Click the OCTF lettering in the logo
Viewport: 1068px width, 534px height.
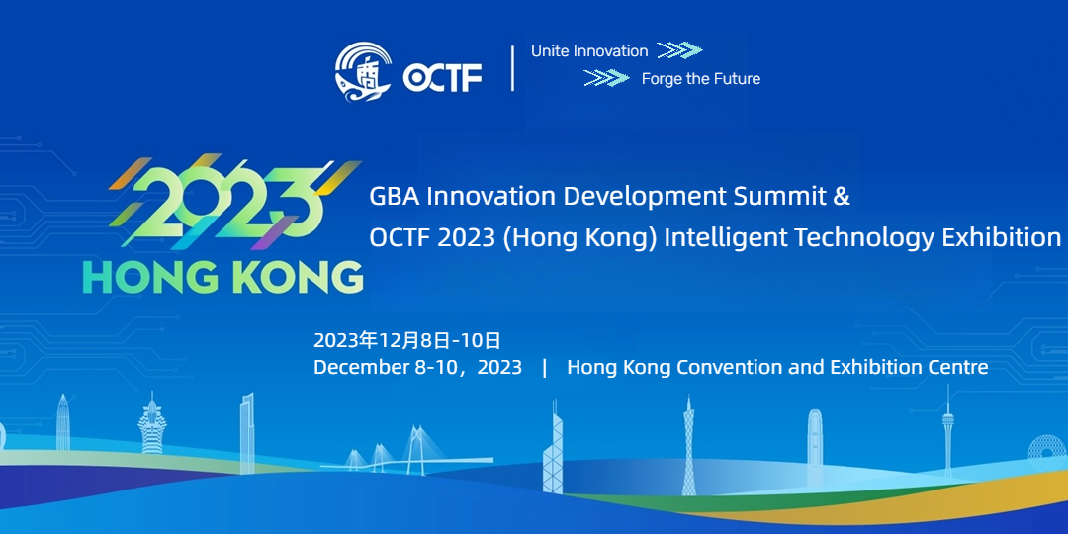(x=442, y=77)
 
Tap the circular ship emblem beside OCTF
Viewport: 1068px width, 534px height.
(x=363, y=72)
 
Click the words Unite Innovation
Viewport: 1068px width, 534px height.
(x=589, y=51)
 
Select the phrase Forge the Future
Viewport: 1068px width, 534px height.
(x=701, y=79)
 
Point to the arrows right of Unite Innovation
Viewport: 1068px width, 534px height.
(x=679, y=50)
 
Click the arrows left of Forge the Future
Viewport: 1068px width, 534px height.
(x=606, y=78)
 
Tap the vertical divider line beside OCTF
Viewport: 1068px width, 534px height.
(x=512, y=68)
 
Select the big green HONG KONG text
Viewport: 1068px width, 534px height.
(x=222, y=277)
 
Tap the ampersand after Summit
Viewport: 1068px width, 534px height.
(x=844, y=197)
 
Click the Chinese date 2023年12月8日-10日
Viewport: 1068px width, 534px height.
(x=407, y=340)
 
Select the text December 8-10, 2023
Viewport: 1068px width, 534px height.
(x=417, y=368)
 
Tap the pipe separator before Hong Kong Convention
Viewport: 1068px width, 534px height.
(x=545, y=368)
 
